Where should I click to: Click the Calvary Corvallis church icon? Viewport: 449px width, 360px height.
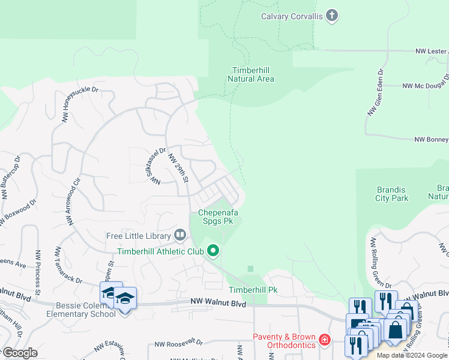(x=333, y=17)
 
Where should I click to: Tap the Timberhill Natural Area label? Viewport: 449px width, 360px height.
(x=253, y=74)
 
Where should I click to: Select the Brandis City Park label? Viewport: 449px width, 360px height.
(x=391, y=194)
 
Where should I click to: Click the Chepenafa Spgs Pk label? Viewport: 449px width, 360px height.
(x=215, y=217)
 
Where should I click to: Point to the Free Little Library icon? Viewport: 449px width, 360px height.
(x=179, y=235)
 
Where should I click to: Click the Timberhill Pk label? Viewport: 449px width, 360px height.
(x=253, y=289)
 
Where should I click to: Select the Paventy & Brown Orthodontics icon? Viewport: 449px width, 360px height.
(x=325, y=340)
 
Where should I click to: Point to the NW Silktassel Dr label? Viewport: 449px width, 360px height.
(x=154, y=167)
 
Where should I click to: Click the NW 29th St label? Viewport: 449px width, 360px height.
(x=179, y=169)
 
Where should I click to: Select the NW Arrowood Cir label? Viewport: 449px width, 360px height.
(x=73, y=200)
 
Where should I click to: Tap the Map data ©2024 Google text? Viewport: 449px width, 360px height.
(x=411, y=355)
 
